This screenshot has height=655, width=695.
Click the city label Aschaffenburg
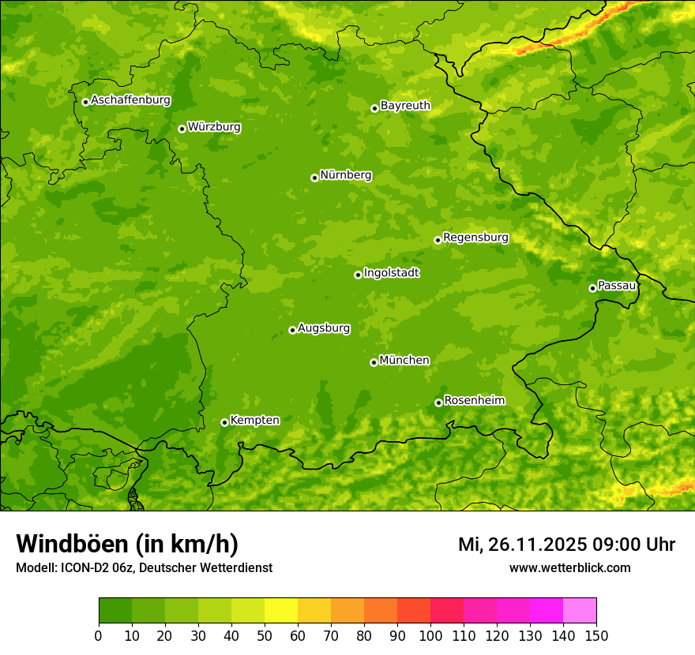[x=130, y=100]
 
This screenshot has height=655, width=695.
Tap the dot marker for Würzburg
[x=182, y=129]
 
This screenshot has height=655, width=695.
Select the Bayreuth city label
[x=405, y=106]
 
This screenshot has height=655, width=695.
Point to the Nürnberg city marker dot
[x=314, y=178]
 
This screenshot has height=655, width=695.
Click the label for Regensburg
[x=475, y=238]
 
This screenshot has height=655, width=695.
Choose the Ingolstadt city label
[x=391, y=273]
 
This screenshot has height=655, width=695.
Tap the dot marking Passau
[x=592, y=288]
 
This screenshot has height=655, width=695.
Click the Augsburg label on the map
[x=324, y=328]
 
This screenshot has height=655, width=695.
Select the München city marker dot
[x=374, y=362]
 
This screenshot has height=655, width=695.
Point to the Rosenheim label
[x=474, y=401]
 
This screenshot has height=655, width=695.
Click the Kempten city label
[x=254, y=421]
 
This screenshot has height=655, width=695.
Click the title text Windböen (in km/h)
[x=126, y=544]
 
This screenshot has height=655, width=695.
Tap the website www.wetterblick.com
[x=569, y=567]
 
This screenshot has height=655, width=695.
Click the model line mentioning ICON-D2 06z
[x=144, y=567]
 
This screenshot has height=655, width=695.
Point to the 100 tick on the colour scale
[x=430, y=635]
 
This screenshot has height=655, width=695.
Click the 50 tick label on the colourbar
[x=265, y=635]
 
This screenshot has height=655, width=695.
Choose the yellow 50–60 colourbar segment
[x=281, y=611]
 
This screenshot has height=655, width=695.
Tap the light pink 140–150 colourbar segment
[x=580, y=611]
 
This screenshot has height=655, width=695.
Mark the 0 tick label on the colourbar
[x=99, y=635]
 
